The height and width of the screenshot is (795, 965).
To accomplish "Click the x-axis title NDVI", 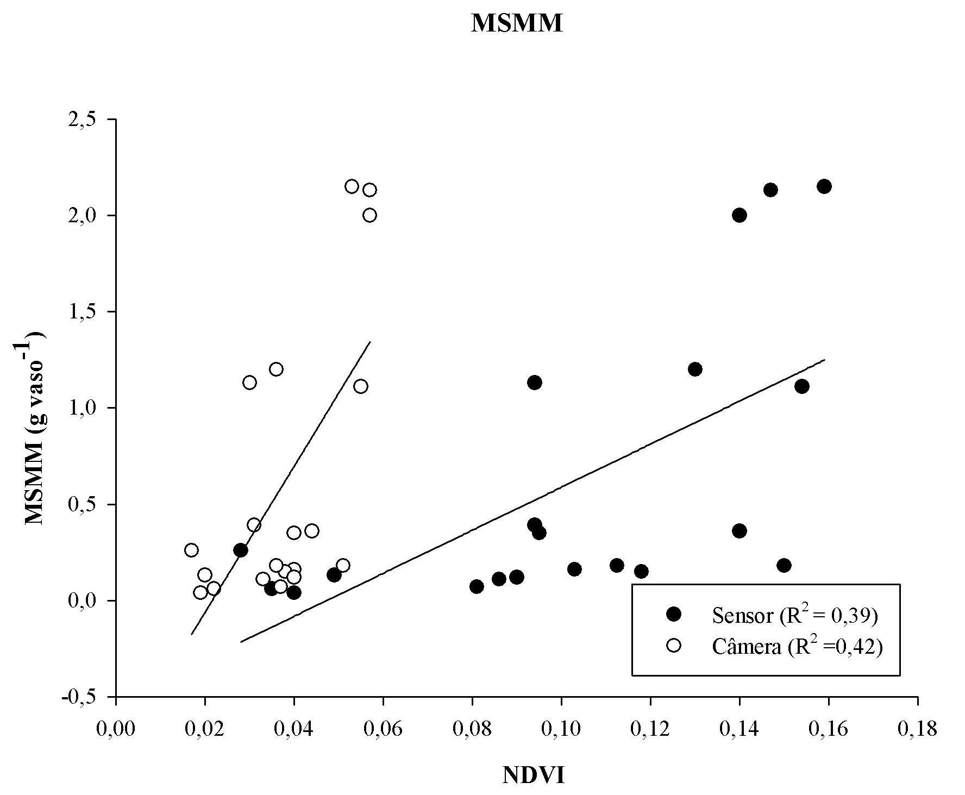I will tap(533, 775).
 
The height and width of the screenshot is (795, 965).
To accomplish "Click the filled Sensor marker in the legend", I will tap(674, 614).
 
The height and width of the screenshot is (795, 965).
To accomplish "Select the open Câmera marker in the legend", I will tap(674, 645).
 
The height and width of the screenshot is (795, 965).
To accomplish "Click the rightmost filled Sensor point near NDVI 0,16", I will tap(824, 186).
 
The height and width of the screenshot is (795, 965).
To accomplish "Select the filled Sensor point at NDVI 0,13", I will tap(695, 370).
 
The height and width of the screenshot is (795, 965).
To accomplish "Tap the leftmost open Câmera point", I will tap(191, 550).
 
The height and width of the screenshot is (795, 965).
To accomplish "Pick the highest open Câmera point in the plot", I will tap(352, 186).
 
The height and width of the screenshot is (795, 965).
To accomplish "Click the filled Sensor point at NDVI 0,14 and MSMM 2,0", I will tap(739, 215).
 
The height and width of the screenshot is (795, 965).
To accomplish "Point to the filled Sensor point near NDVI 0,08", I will tap(477, 586).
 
